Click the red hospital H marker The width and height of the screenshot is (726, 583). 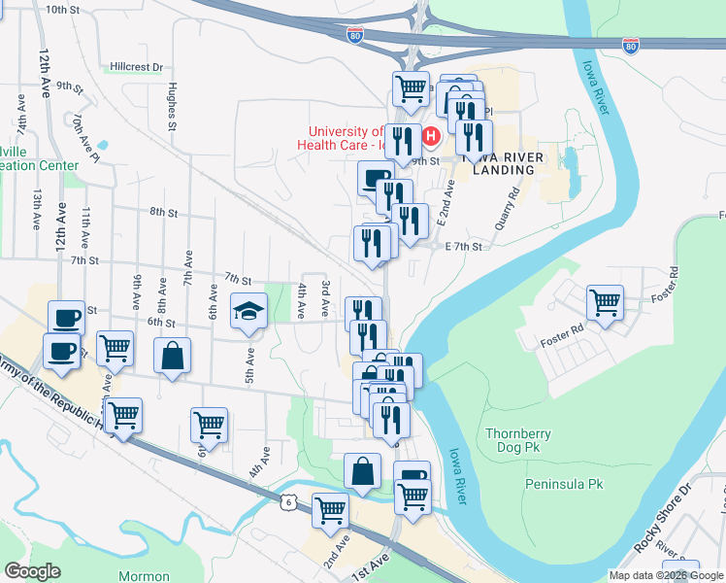(431, 137)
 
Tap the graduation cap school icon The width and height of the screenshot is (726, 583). (248, 313)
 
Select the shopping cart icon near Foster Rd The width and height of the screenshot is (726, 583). (605, 302)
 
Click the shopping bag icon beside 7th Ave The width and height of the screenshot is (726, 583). (172, 356)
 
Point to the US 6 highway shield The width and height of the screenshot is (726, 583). (287, 501)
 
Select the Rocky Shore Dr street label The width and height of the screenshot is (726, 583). (661, 516)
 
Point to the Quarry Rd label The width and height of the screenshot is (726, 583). (511, 200)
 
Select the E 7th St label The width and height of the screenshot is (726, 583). (464, 247)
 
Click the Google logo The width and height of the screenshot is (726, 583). (32, 571)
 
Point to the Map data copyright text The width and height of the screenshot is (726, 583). (666, 575)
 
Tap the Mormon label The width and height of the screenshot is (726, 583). (144, 576)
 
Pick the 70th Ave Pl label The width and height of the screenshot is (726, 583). (85, 136)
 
